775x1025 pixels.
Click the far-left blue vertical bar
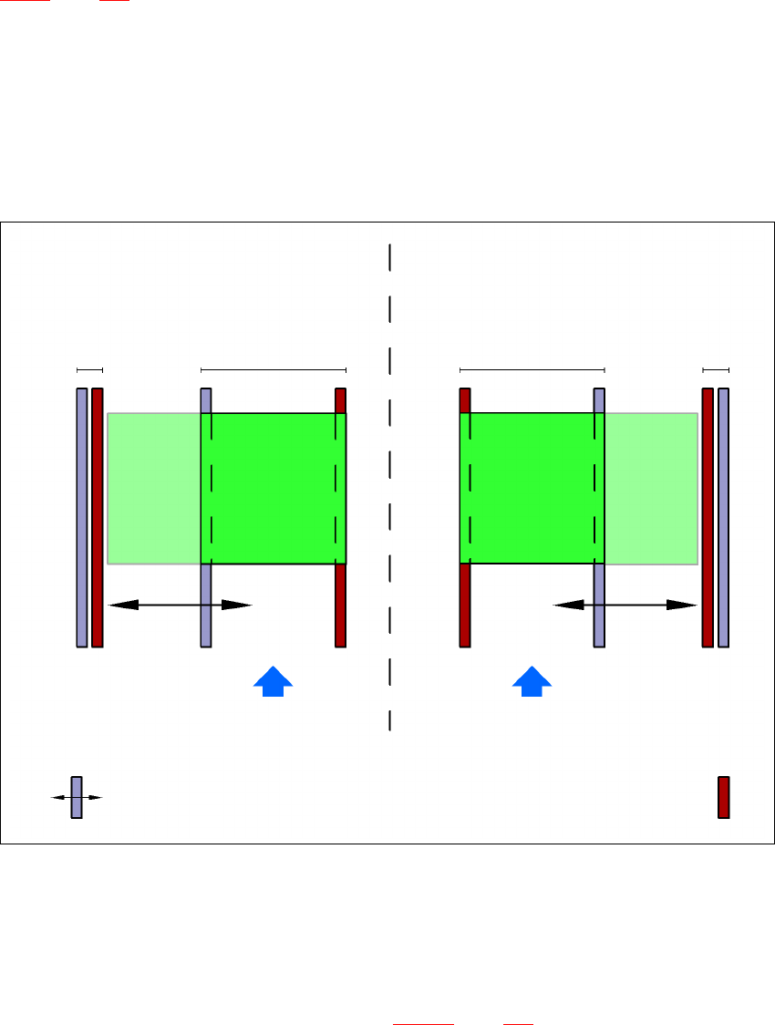tap(82, 517)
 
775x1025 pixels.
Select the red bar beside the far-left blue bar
tap(98, 517)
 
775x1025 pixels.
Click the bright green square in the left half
tap(274, 488)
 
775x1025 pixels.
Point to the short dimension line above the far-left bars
tap(89, 369)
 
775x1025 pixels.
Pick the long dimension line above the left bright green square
tap(274, 369)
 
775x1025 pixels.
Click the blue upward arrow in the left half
tap(273, 681)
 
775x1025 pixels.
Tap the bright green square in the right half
tap(532, 488)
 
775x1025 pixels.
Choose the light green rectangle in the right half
tap(651, 488)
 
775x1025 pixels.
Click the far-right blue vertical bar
tap(724, 517)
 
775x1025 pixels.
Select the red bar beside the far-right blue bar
tap(708, 517)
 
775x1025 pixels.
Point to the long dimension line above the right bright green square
tap(532, 369)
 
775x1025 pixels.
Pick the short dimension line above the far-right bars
tap(716, 369)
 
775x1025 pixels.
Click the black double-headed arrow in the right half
tap(625, 604)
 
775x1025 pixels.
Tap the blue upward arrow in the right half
tap(532, 681)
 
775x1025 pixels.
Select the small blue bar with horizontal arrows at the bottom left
tap(77, 797)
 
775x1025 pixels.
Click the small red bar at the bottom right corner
tap(724, 797)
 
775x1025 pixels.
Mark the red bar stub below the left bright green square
tap(341, 606)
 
